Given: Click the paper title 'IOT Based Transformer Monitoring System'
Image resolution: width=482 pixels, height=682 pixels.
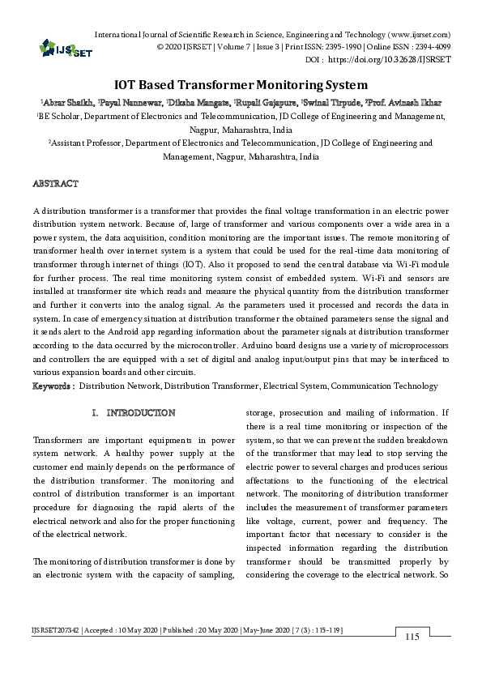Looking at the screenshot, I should click(240, 84).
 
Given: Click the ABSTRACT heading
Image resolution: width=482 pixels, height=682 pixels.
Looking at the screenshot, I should click(55, 184).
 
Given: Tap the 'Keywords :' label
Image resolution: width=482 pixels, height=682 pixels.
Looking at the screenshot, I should click(53, 387).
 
